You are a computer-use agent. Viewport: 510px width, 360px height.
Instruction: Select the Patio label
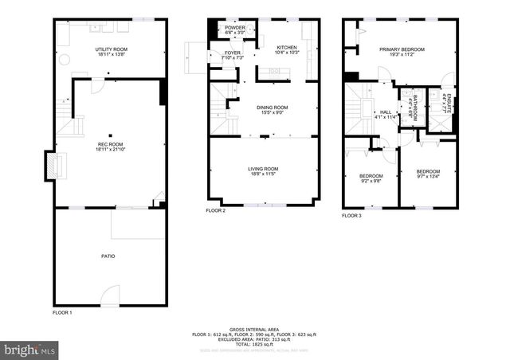108,256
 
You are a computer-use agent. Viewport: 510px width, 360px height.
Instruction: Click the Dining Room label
272,109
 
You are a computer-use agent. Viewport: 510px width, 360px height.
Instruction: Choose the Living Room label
262,170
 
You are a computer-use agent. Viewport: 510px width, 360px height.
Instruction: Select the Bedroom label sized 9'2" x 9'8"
371,178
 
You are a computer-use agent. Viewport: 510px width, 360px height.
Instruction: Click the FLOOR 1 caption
62,312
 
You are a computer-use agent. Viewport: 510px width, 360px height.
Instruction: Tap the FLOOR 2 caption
216,210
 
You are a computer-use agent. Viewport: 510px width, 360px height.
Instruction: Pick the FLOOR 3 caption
351,216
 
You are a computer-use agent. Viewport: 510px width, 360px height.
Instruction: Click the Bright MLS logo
29,350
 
